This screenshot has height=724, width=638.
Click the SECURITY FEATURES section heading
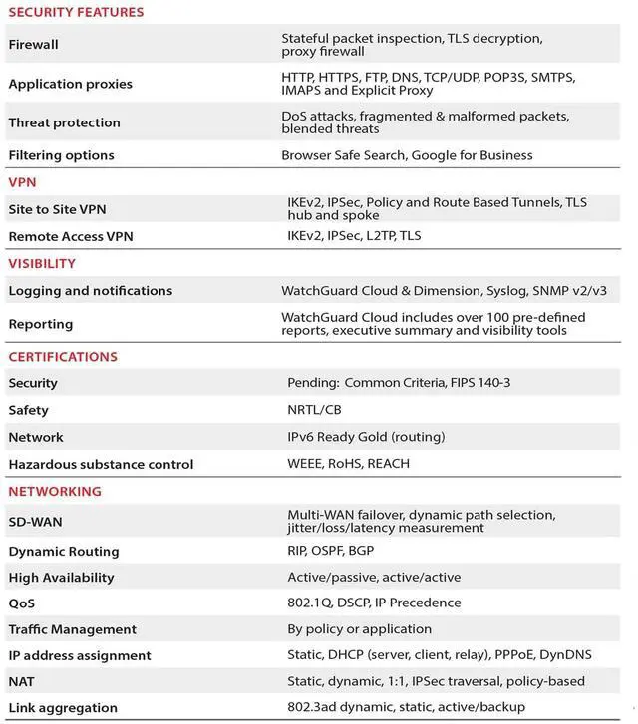[x=76, y=13]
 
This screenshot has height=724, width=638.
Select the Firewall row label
[x=33, y=45]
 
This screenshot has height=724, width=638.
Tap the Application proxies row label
[x=70, y=84]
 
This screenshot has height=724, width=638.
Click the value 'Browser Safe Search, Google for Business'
[x=407, y=155]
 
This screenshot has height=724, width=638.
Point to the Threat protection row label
[x=64, y=122]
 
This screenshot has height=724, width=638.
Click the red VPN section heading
[x=22, y=183]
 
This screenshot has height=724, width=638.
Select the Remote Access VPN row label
[x=70, y=237]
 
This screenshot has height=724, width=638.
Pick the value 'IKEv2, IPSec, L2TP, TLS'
[x=354, y=236]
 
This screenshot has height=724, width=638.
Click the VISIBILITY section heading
[x=42, y=264]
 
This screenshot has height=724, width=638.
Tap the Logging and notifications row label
[x=90, y=291]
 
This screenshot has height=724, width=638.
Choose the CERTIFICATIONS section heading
[x=63, y=357]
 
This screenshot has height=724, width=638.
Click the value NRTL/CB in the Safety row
[x=314, y=410]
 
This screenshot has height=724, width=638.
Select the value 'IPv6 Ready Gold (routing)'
[x=366, y=437]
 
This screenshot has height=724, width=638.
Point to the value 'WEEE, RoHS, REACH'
[x=348, y=464]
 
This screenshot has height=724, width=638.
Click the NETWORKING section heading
[x=55, y=492]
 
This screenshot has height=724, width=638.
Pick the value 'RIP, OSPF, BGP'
[x=331, y=551]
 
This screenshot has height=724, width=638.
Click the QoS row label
[x=22, y=603]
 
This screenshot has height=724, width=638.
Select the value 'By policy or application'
[x=359, y=629]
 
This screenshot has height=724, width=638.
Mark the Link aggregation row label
[x=63, y=708]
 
